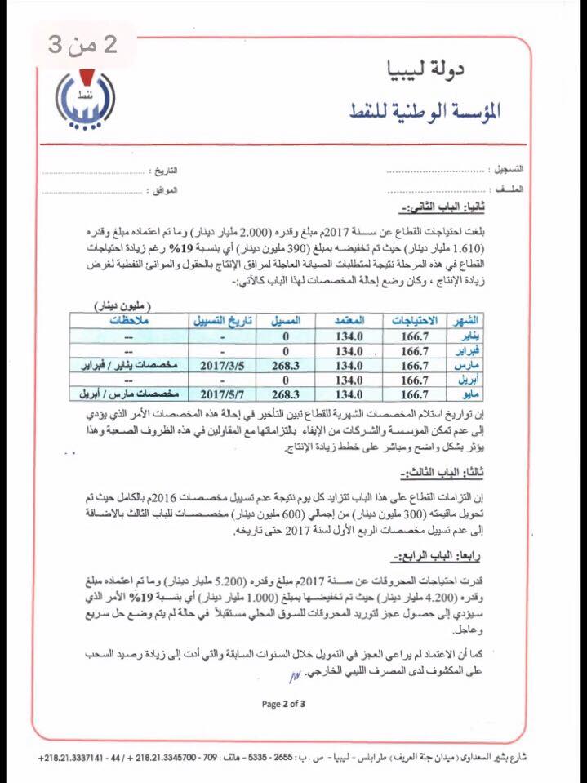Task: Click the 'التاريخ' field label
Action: point(166,172)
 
